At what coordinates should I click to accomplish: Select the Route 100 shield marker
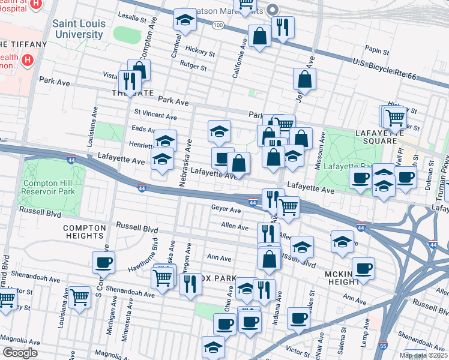click(217, 25)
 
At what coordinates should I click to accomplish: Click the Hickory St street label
click(200, 52)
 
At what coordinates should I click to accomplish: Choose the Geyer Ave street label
click(226, 209)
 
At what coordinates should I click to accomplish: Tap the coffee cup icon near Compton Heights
click(103, 262)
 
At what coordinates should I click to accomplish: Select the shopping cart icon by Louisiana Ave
click(79, 296)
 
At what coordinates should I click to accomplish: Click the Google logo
click(20, 353)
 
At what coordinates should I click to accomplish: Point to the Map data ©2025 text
click(424, 355)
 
